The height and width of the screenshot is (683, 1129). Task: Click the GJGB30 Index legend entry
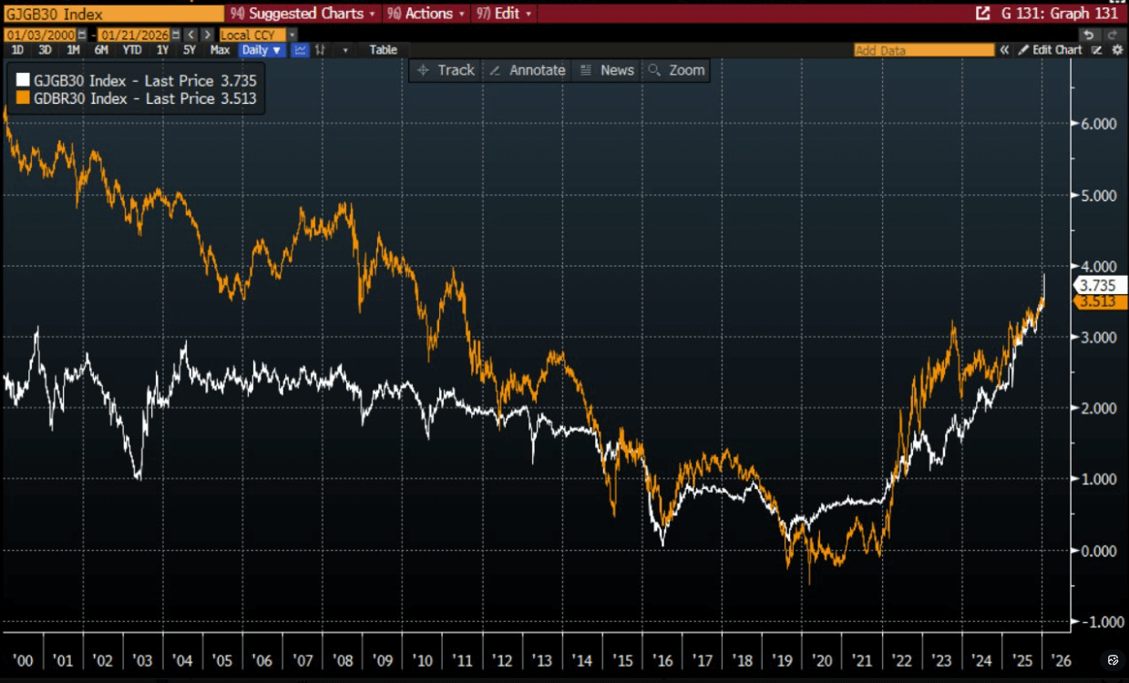(137, 80)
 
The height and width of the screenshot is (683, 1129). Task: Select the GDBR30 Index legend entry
(137, 98)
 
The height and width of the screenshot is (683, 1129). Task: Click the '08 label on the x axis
(342, 660)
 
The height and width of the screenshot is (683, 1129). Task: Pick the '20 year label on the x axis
(822, 660)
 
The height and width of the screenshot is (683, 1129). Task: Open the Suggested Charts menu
(303, 14)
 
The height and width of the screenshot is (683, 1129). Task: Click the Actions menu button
(426, 14)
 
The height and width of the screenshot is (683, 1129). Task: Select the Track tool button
(446, 70)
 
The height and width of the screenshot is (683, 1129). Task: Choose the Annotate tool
(527, 70)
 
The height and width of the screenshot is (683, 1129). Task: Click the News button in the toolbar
(607, 70)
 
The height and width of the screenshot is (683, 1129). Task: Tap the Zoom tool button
(677, 70)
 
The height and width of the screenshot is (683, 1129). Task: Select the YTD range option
(132, 50)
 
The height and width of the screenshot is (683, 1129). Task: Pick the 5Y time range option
(190, 50)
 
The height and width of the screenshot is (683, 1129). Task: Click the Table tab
(383, 50)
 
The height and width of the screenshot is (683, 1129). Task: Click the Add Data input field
(923, 50)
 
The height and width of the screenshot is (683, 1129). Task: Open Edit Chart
(1051, 50)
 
